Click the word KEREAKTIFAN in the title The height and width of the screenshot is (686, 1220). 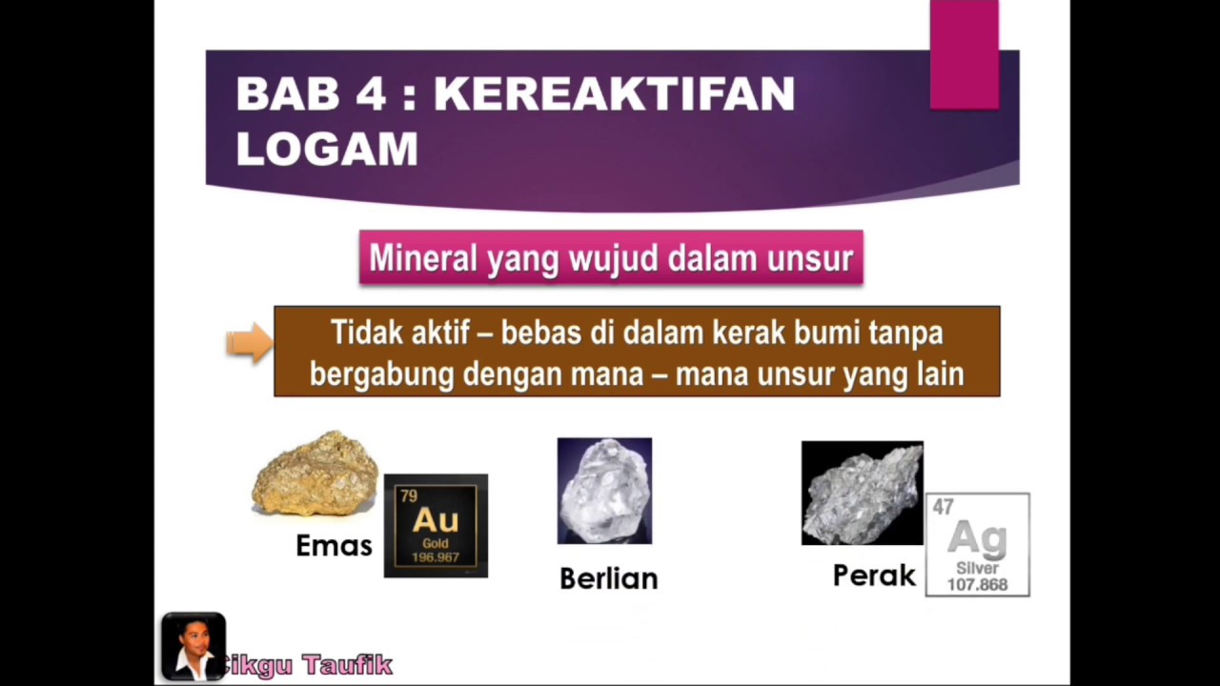pyautogui.click(x=614, y=93)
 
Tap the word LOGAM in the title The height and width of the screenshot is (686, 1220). pyautogui.click(x=327, y=149)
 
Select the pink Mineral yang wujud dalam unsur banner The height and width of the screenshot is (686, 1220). pyautogui.click(x=611, y=257)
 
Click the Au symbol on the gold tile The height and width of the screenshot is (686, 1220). pyautogui.click(x=436, y=520)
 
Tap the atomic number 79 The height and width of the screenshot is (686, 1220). pyautogui.click(x=409, y=495)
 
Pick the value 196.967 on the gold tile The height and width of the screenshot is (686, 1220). pyautogui.click(x=436, y=557)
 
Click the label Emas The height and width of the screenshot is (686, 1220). pyautogui.click(x=334, y=546)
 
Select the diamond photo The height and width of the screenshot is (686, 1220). pyautogui.click(x=604, y=491)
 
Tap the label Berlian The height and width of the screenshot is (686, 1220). pyautogui.click(x=608, y=578)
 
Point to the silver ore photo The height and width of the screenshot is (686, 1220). pyautogui.click(x=862, y=493)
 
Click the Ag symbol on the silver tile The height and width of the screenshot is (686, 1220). pyautogui.click(x=977, y=539)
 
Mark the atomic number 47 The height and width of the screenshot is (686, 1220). pyautogui.click(x=944, y=508)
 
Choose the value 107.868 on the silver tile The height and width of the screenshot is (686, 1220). pyautogui.click(x=977, y=584)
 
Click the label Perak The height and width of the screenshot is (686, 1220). pyautogui.click(x=874, y=575)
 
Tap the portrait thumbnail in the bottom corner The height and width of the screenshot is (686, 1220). pyautogui.click(x=193, y=646)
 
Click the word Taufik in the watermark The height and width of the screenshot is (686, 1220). pyautogui.click(x=348, y=664)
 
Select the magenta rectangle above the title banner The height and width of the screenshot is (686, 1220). pyautogui.click(x=964, y=53)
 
